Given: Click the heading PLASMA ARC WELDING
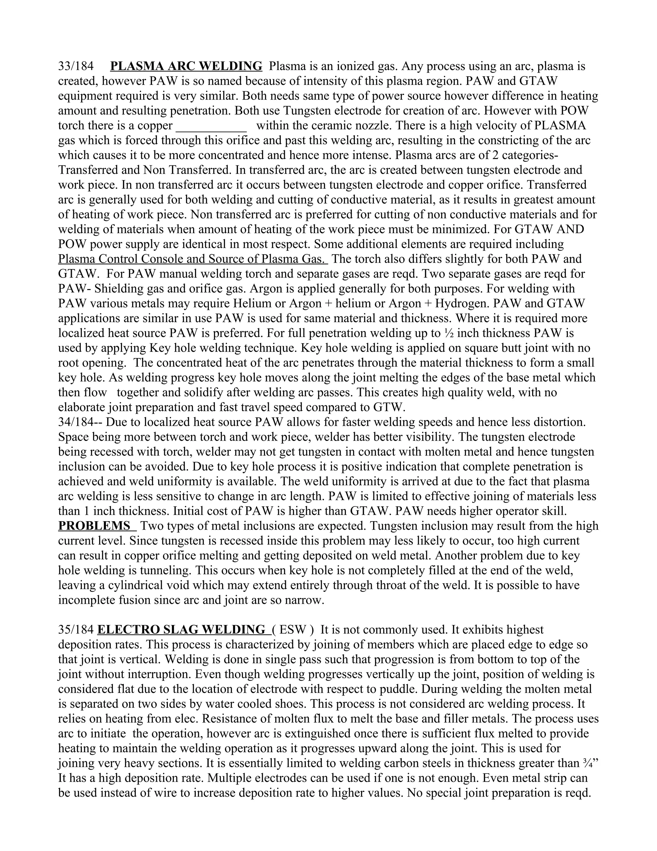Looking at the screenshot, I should coord(186,66).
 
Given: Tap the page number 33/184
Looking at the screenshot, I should coord(76,66).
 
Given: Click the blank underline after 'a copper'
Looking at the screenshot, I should coord(211,126).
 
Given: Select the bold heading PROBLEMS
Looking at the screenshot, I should coord(94,526).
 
